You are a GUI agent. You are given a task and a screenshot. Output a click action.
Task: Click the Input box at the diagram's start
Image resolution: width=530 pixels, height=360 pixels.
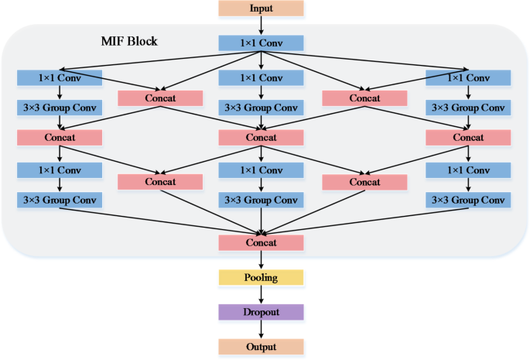[x=261, y=9]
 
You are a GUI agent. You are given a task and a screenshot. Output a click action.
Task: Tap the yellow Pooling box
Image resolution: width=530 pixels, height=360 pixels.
[x=261, y=277]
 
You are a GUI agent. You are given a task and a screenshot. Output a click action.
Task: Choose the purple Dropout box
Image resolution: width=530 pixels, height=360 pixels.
[x=261, y=312]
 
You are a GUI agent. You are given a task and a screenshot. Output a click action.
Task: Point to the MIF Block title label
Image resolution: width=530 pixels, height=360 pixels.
[x=129, y=40]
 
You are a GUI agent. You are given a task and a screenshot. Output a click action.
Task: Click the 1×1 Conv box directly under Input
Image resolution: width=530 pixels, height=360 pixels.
[x=261, y=43]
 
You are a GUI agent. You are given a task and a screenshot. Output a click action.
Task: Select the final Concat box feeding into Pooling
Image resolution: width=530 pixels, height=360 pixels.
[x=261, y=243]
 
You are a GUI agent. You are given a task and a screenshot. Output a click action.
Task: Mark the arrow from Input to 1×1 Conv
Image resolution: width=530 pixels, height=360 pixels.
[x=261, y=26]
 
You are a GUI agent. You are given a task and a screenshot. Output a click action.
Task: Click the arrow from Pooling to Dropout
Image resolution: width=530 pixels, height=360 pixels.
[x=261, y=294]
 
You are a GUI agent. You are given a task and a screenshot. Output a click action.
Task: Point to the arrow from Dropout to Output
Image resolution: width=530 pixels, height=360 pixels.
[x=261, y=329]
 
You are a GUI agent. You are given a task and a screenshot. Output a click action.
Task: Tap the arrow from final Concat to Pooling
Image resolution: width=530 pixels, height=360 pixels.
[x=261, y=260]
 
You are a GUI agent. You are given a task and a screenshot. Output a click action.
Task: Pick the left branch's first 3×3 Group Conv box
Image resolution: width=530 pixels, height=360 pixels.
[x=60, y=108]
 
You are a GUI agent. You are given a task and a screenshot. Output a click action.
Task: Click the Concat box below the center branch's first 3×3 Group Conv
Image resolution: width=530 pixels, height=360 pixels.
[x=261, y=137]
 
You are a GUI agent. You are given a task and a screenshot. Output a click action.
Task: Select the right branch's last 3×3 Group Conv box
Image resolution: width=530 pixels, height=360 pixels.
[x=467, y=200]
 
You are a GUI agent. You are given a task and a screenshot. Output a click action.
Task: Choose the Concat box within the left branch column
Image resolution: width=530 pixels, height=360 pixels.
[x=60, y=137]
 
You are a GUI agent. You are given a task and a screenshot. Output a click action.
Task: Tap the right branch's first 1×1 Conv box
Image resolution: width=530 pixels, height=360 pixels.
[x=467, y=77]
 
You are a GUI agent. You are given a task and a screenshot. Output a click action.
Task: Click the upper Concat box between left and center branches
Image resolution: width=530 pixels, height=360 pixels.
[x=160, y=98]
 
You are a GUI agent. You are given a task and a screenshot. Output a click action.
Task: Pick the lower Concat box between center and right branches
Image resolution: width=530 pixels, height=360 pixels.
[x=364, y=182]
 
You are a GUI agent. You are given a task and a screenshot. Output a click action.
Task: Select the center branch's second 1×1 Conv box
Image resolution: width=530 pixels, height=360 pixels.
[x=261, y=169]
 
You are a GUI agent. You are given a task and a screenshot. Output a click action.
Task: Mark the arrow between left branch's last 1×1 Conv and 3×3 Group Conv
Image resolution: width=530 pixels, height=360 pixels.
[x=60, y=184]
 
